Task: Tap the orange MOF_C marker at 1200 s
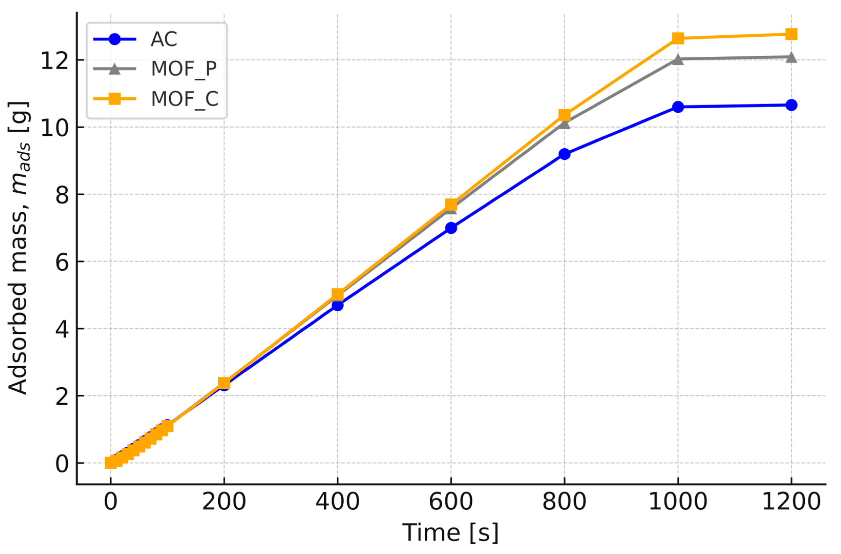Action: tap(791, 34)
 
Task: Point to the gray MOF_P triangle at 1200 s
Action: tap(791, 57)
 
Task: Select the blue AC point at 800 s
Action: tap(564, 154)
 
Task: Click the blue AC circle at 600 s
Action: tap(451, 228)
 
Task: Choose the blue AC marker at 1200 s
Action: tap(791, 105)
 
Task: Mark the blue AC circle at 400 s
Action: tap(337, 305)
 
